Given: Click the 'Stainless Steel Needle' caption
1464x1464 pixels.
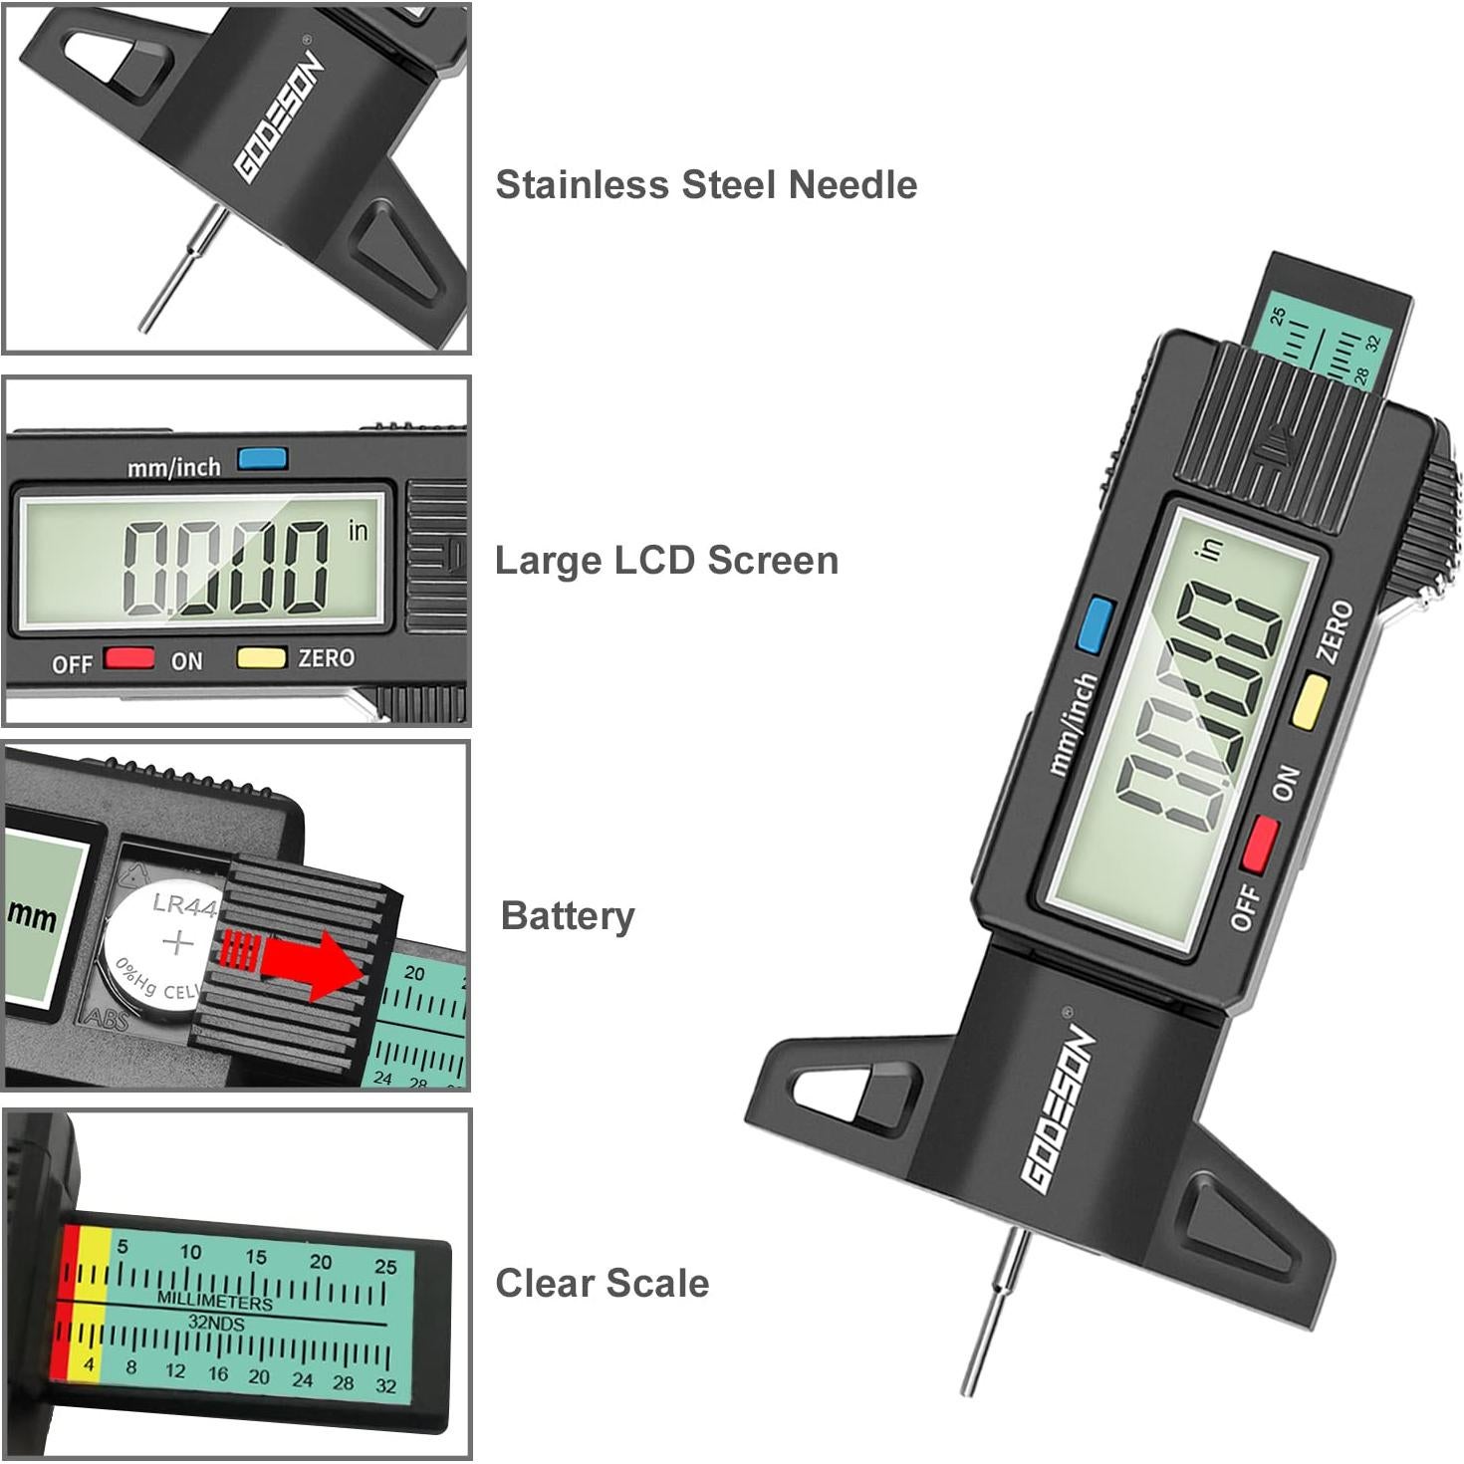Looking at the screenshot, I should [x=706, y=185].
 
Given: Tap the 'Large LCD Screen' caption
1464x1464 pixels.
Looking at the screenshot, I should [x=666, y=561].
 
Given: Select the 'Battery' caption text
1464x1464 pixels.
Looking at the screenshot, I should [x=568, y=916].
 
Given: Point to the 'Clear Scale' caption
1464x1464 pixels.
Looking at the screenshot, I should [x=603, y=1283].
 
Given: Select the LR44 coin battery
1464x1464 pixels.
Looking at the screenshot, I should [x=164, y=944].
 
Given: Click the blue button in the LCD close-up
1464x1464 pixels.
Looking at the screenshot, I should [x=263, y=459].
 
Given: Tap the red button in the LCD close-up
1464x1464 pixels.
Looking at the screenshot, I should [x=129, y=658].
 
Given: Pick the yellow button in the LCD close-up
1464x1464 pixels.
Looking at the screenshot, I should [x=261, y=657].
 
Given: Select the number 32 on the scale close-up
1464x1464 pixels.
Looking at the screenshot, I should [x=386, y=1385].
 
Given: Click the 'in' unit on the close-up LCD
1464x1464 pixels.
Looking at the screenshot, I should [x=359, y=531].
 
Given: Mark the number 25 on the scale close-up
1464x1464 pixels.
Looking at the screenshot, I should [x=384, y=1267].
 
